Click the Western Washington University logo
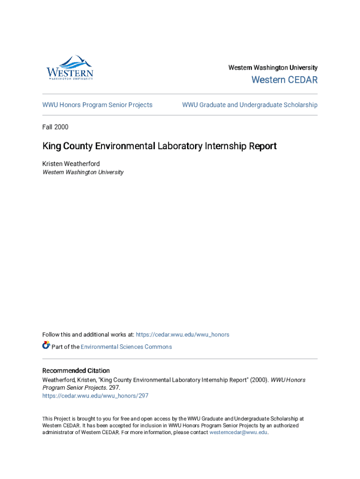(70, 68)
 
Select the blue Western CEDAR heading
(284, 80)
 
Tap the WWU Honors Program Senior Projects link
(97, 105)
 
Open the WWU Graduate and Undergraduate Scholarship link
(250, 105)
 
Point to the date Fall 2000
(55, 127)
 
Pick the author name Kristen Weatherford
(71, 164)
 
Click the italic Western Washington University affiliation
(83, 172)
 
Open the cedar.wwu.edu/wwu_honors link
(182, 334)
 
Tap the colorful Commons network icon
(46, 346)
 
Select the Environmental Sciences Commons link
(126, 347)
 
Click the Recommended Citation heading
(76, 370)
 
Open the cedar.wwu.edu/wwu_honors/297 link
(95, 396)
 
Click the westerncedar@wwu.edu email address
(238, 432)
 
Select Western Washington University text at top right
(273, 68)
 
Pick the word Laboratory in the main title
(178, 146)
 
